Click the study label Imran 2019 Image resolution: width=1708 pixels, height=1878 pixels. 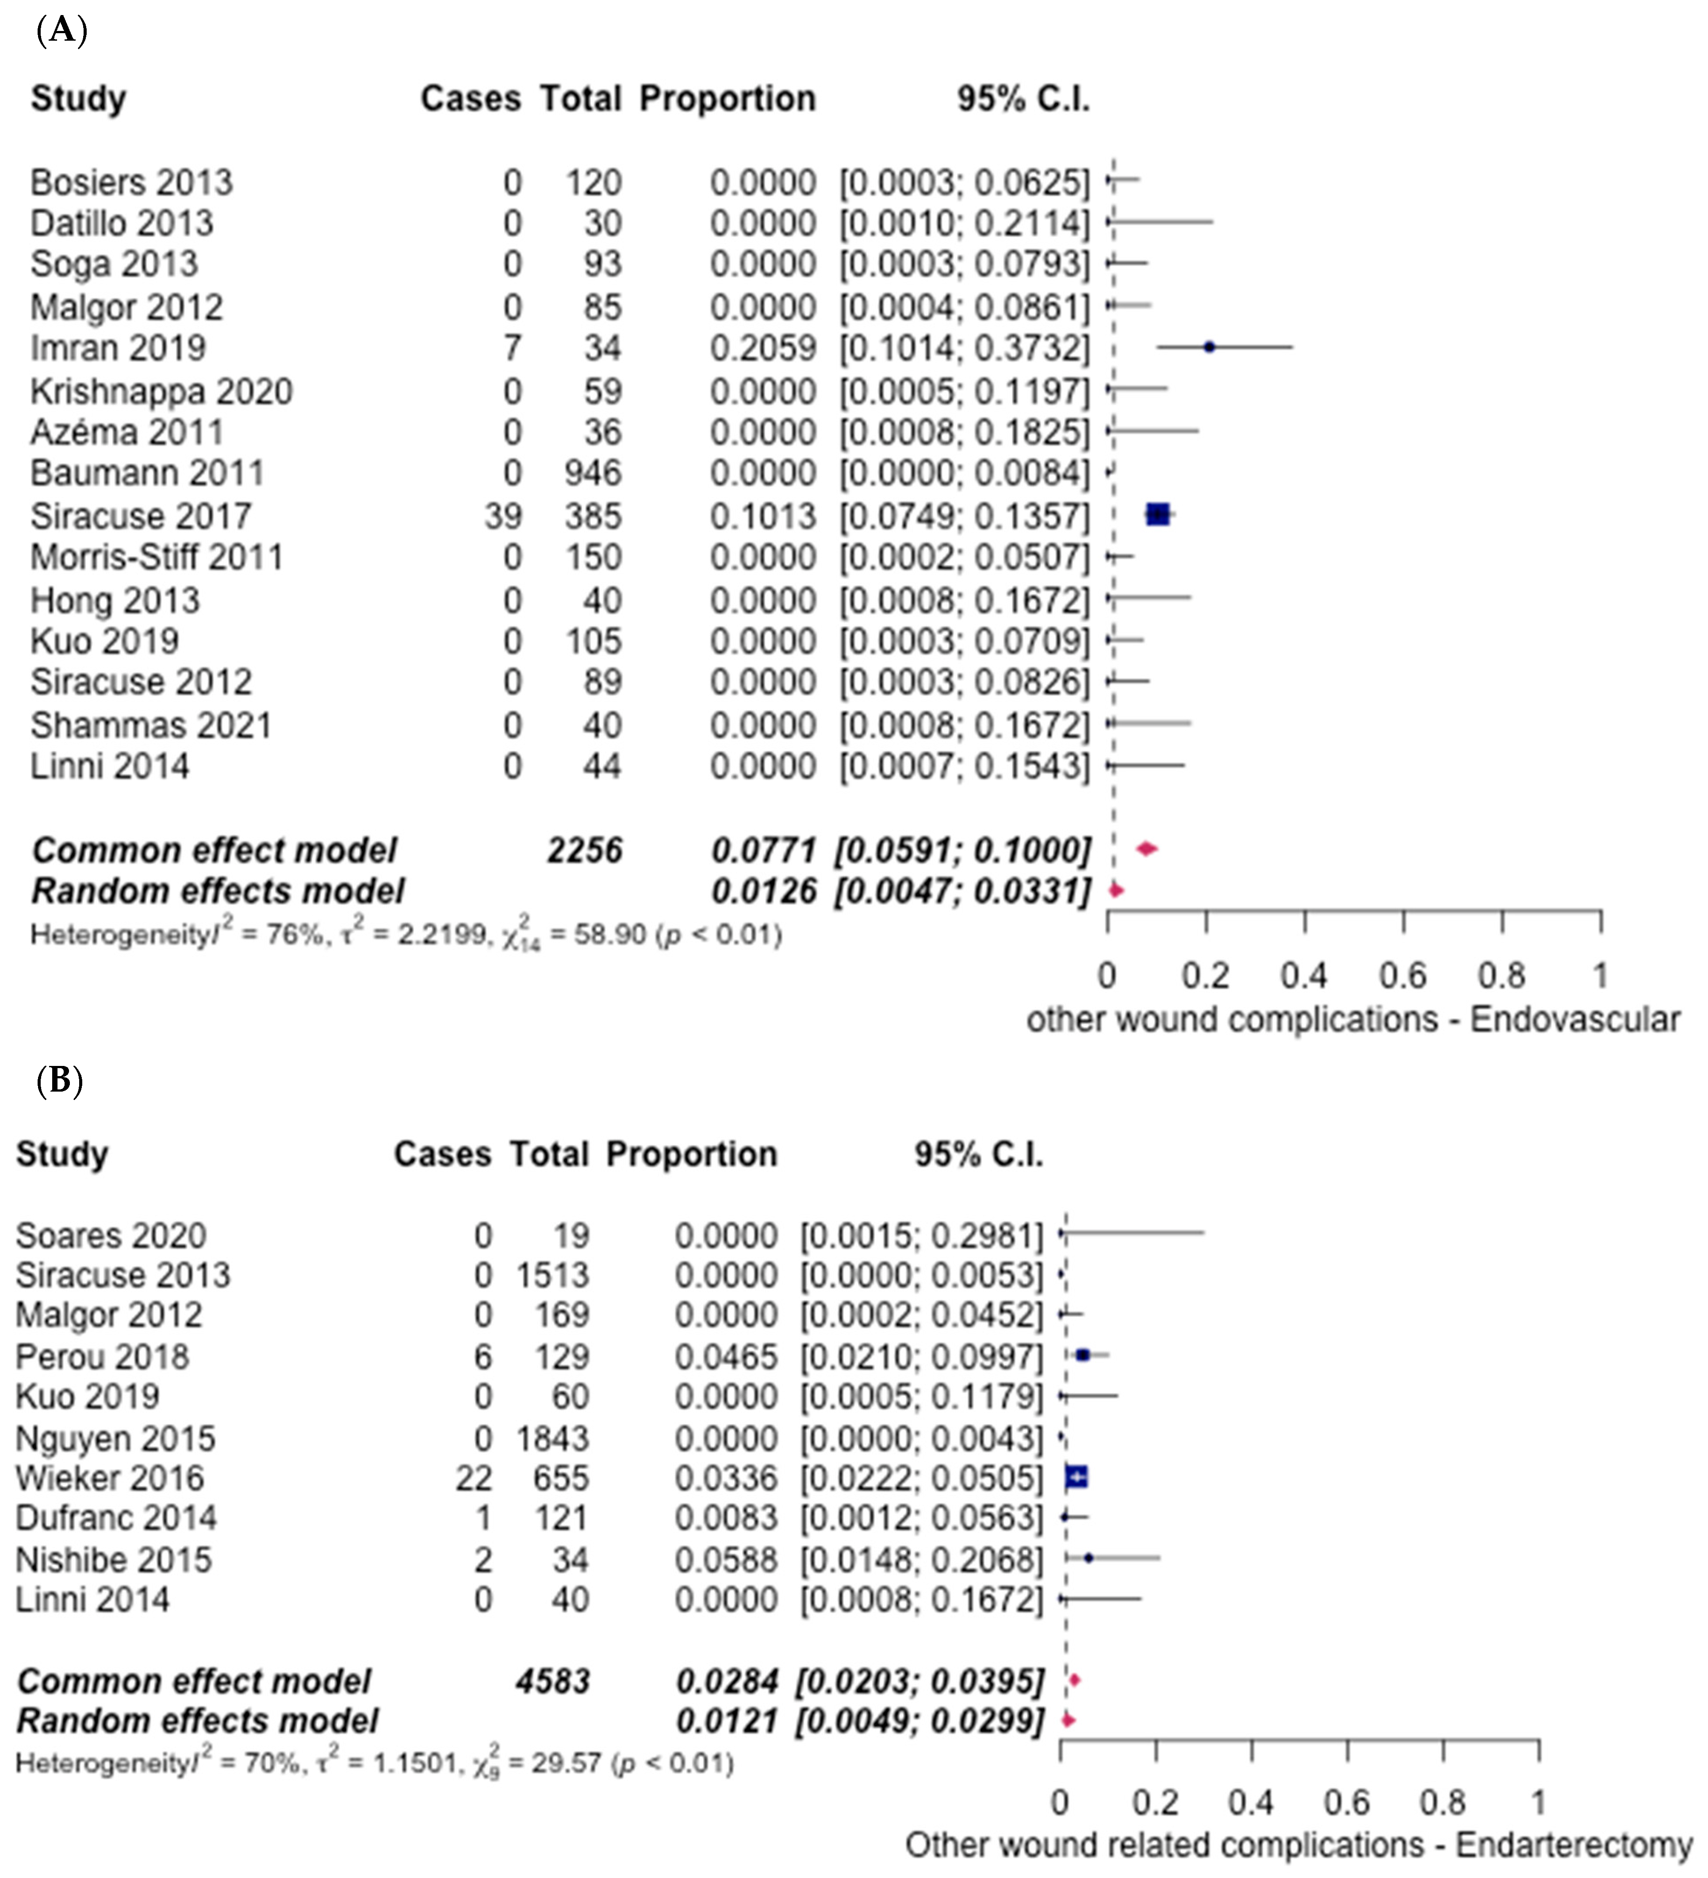tap(118, 349)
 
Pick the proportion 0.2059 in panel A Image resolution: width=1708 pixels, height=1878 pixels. tap(763, 349)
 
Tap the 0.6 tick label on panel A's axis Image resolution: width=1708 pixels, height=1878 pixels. tap(1402, 975)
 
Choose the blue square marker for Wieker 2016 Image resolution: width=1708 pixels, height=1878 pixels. tap(1076, 1476)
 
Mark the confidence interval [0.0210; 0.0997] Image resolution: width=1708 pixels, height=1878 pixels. tap(922, 1357)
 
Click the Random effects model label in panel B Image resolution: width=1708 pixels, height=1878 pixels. tap(197, 1721)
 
